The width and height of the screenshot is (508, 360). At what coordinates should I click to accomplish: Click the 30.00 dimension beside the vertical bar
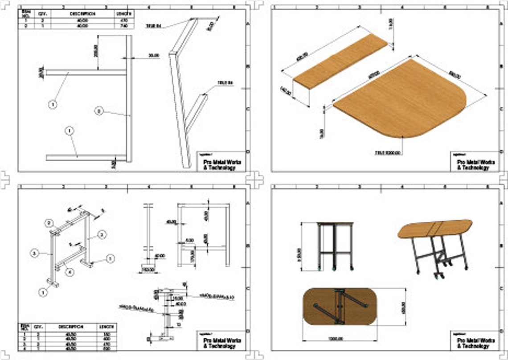pyautogui.click(x=154, y=55)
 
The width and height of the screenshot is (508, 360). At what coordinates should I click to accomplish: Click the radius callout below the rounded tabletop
pyautogui.click(x=388, y=153)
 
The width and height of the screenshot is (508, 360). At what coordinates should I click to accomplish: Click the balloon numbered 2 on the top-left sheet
pyautogui.click(x=99, y=111)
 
